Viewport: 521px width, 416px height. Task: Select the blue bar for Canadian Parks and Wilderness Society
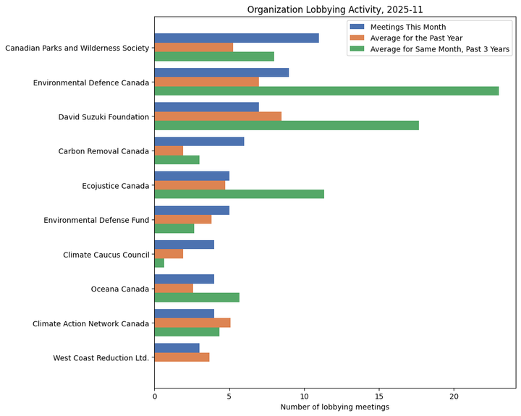pyautogui.click(x=236, y=38)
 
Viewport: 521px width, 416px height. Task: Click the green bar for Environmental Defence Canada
pyautogui.click(x=326, y=91)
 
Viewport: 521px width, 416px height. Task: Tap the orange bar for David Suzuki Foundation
pyautogui.click(x=217, y=116)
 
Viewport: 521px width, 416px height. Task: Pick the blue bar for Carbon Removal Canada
pyautogui.click(x=199, y=142)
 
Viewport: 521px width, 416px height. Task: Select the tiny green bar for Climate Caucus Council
pyautogui.click(x=159, y=263)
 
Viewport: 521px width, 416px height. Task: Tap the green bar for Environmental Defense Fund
pyautogui.click(x=174, y=229)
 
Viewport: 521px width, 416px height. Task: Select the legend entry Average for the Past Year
pyautogui.click(x=416, y=38)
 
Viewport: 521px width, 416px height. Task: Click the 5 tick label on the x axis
pyautogui.click(x=229, y=396)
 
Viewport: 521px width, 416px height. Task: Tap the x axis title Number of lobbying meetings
pyautogui.click(x=335, y=407)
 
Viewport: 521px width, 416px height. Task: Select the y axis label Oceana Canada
pyautogui.click(x=119, y=289)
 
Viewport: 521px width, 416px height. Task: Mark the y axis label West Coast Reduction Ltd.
pyautogui.click(x=101, y=358)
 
